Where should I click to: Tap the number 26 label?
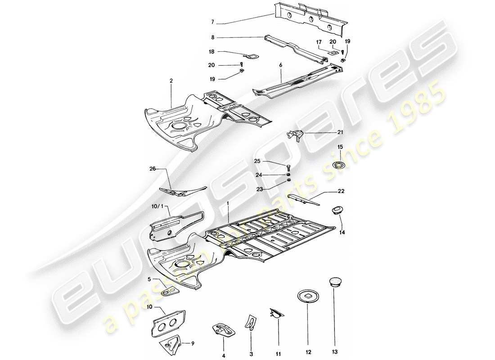click(x=152, y=169)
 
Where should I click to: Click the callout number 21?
click(x=340, y=132)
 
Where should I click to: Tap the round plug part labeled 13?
click(x=333, y=282)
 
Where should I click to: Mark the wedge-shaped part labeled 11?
click(x=276, y=314)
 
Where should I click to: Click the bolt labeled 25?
click(x=288, y=167)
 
